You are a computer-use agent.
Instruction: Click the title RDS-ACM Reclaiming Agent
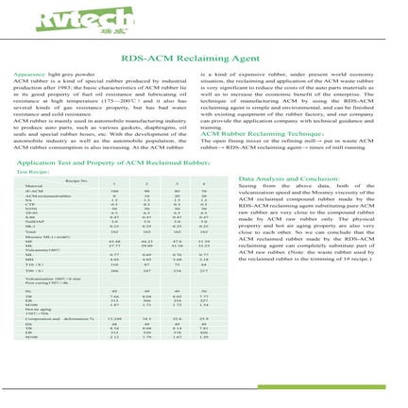(204, 53)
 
